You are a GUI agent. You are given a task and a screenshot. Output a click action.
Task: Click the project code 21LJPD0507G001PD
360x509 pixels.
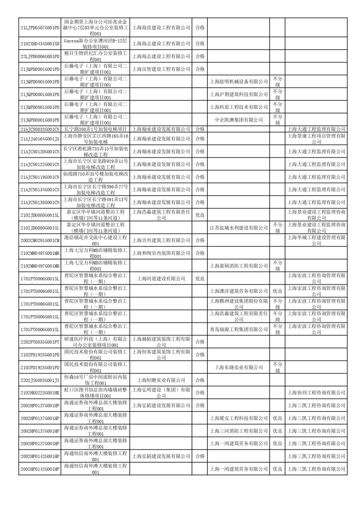click(x=40, y=28)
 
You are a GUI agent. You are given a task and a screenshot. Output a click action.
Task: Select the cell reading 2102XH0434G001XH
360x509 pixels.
click(x=40, y=44)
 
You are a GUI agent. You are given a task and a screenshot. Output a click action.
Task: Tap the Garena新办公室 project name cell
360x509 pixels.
click(x=95, y=44)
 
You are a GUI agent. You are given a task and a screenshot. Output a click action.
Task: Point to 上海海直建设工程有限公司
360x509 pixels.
click(x=161, y=28)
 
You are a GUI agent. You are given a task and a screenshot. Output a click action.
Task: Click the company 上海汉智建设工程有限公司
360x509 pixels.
click(x=161, y=69)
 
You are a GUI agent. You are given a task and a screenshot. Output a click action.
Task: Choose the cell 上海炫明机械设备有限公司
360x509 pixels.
click(x=239, y=82)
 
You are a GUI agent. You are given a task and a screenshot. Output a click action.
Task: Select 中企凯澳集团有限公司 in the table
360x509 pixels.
click(x=239, y=120)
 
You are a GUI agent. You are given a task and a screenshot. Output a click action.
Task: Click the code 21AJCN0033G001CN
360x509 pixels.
click(x=40, y=129)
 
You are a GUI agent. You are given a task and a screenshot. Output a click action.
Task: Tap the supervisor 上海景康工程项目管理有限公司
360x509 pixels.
click(x=316, y=139)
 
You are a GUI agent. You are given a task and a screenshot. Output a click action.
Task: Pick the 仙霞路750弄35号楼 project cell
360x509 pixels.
click(x=95, y=177)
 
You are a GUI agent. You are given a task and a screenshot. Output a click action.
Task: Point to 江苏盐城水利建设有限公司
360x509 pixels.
click(x=239, y=228)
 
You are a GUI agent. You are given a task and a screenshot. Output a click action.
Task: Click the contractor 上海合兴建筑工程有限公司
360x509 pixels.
click(x=161, y=240)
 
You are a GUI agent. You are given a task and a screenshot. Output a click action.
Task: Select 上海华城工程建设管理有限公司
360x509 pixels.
click(x=316, y=240)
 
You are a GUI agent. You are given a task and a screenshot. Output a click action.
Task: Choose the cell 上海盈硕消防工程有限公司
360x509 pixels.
click(x=239, y=266)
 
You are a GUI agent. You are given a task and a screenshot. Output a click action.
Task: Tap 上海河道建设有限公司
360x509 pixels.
click(x=161, y=279)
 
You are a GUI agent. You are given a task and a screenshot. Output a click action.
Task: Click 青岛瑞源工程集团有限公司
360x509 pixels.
click(x=239, y=329)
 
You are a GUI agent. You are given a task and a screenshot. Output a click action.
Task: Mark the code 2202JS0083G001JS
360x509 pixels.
click(x=40, y=380)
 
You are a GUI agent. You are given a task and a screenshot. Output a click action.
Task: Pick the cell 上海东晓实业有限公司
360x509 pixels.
click(x=239, y=368)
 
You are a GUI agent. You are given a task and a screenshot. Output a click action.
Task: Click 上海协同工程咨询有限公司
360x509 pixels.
click(x=316, y=393)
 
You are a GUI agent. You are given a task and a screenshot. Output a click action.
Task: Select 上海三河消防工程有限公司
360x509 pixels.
click(x=239, y=431)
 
